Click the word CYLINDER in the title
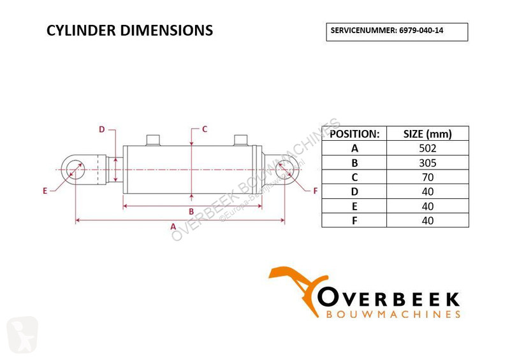coord(82,30)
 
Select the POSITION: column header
coord(354,134)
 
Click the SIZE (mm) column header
coord(427,134)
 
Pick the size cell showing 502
coord(427,148)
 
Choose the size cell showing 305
coord(427,162)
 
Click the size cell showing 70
coord(428,177)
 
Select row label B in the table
coord(354,162)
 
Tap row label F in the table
coord(354,220)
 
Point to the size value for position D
coord(428,192)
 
